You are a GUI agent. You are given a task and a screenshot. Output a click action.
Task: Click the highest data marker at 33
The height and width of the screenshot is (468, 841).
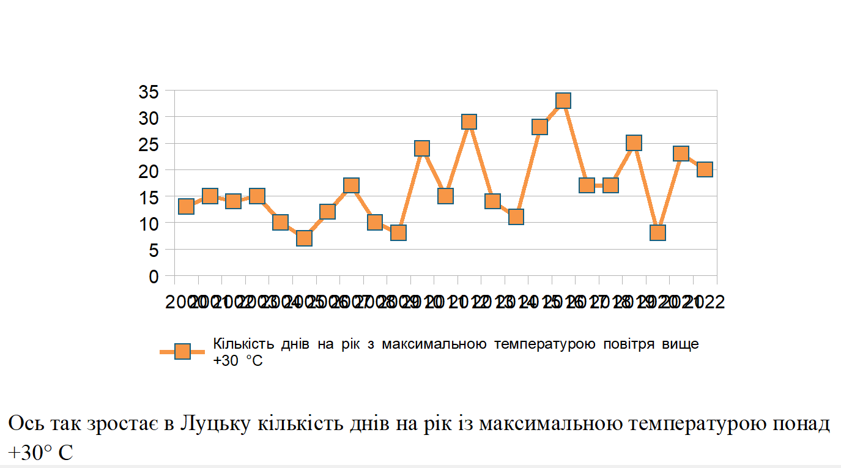click(563, 100)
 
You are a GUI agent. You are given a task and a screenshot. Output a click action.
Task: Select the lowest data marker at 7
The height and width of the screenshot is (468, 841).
click(304, 238)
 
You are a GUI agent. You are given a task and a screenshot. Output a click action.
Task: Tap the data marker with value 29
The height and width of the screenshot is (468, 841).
click(469, 122)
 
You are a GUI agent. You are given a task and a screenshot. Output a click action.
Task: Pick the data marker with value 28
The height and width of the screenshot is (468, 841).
click(539, 127)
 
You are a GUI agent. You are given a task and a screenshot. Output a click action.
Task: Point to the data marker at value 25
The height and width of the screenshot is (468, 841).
click(634, 143)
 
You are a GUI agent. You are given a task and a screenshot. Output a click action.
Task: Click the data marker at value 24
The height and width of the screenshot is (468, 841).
click(422, 148)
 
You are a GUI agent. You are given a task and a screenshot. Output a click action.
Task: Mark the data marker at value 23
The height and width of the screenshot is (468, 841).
click(681, 153)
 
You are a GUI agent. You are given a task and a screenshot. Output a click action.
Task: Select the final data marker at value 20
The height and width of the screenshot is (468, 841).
click(705, 169)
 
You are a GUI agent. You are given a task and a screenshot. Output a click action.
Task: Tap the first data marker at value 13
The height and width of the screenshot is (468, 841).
click(187, 206)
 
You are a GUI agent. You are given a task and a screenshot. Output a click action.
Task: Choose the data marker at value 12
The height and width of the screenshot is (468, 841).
click(328, 212)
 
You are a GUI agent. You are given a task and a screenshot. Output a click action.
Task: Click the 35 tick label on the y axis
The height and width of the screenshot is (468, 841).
click(149, 92)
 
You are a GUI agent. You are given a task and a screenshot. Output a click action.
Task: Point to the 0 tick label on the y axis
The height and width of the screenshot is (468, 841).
click(154, 277)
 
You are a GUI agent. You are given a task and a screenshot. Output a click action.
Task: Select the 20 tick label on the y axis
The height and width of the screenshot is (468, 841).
click(149, 171)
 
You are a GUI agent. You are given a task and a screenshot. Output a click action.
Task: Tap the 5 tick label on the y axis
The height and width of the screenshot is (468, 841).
click(154, 250)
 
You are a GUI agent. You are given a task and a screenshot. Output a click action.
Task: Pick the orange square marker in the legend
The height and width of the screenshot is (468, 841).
click(182, 351)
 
